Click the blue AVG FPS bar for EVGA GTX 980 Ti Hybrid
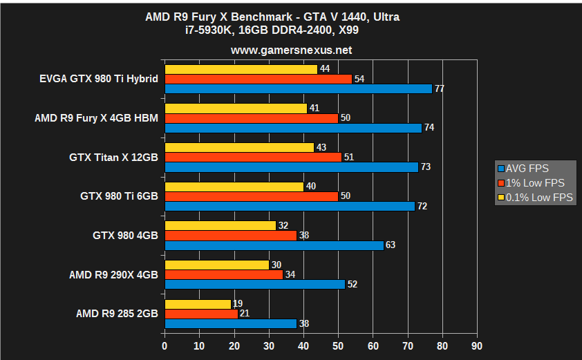pos(298,88)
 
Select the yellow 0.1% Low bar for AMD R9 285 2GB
pos(198,304)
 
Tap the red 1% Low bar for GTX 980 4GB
pos(230,236)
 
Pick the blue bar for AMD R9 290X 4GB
pos(254,284)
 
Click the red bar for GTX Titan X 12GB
pos(253,157)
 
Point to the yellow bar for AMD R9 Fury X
pos(236,108)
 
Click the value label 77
pos(440,89)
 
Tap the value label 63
pos(391,245)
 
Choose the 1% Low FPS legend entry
pos(530,183)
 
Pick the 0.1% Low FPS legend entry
pos(534,198)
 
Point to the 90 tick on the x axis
pos(476,345)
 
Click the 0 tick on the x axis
pos(165,345)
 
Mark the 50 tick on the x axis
pos(338,345)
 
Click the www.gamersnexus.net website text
pos(291,50)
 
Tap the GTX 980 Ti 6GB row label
pos(119,196)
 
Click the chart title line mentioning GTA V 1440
pos(291,17)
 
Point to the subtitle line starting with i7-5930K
pos(291,31)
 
